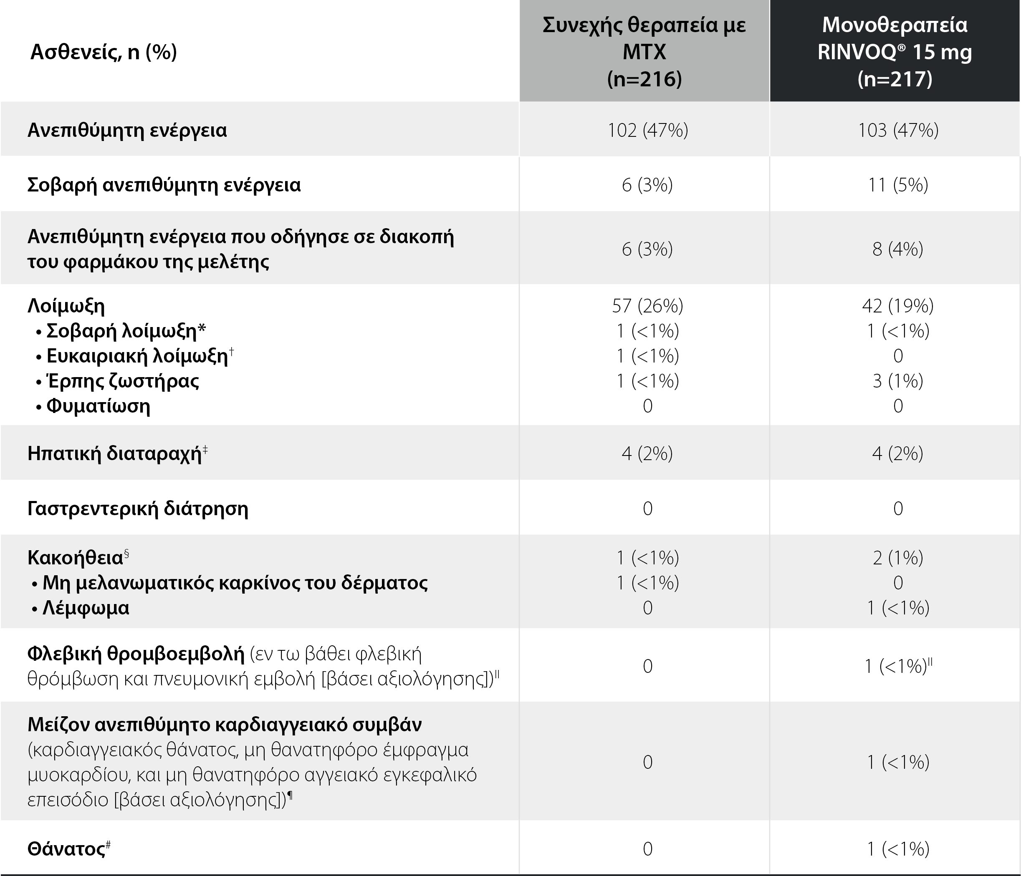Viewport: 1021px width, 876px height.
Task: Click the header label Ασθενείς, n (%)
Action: [104, 52]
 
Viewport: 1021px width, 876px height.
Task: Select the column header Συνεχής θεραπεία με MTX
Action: [644, 51]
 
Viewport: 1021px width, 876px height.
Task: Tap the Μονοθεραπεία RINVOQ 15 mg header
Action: [895, 51]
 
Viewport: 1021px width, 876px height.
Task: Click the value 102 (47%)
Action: [647, 130]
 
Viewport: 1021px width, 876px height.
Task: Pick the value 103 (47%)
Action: [898, 130]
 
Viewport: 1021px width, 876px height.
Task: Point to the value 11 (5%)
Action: [898, 185]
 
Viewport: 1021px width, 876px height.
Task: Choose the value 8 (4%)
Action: [898, 249]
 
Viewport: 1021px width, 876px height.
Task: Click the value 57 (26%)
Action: [647, 306]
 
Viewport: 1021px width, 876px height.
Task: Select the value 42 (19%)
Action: [898, 306]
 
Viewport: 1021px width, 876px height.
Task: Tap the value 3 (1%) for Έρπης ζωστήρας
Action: [898, 380]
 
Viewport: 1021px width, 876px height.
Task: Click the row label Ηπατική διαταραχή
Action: [114, 453]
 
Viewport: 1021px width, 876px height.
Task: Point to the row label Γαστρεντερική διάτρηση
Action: [137, 508]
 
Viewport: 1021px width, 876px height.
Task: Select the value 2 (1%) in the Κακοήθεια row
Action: [898, 557]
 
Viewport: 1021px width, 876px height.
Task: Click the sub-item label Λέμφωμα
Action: [86, 608]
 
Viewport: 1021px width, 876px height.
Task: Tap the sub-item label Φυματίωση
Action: [98, 406]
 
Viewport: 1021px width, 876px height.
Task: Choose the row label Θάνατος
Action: [66, 849]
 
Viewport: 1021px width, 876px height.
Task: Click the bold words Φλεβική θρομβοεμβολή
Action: [136, 654]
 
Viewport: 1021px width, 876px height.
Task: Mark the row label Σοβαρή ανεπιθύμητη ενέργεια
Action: [164, 185]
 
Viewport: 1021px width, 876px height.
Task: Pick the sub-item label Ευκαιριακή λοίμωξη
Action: [137, 356]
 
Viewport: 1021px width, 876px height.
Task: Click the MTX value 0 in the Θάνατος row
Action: [647, 849]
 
